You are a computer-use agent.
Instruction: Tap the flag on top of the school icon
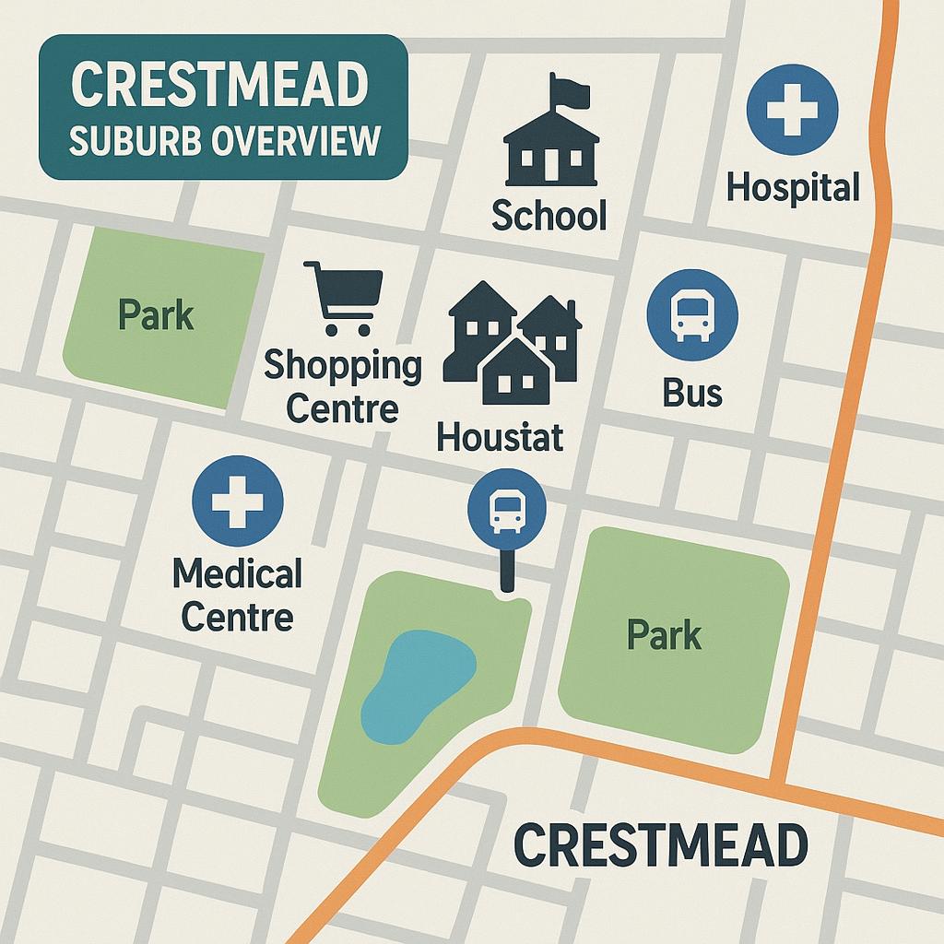[x=568, y=89]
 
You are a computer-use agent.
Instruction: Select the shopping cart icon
[x=343, y=297]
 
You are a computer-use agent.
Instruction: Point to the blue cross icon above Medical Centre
[x=237, y=501]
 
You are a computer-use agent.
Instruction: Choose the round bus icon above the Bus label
[x=692, y=314]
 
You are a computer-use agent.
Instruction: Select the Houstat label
[x=500, y=436]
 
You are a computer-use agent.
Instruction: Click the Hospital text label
[x=792, y=187]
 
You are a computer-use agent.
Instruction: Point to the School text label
[x=549, y=216]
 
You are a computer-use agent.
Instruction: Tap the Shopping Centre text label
[x=342, y=386]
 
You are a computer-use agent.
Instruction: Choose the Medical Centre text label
[x=237, y=595]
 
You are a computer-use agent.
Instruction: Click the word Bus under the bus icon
[x=691, y=393]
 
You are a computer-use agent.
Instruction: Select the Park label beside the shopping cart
[x=157, y=315]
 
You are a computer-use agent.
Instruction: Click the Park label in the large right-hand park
[x=664, y=635]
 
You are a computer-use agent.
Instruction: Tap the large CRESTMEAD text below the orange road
[x=660, y=844]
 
